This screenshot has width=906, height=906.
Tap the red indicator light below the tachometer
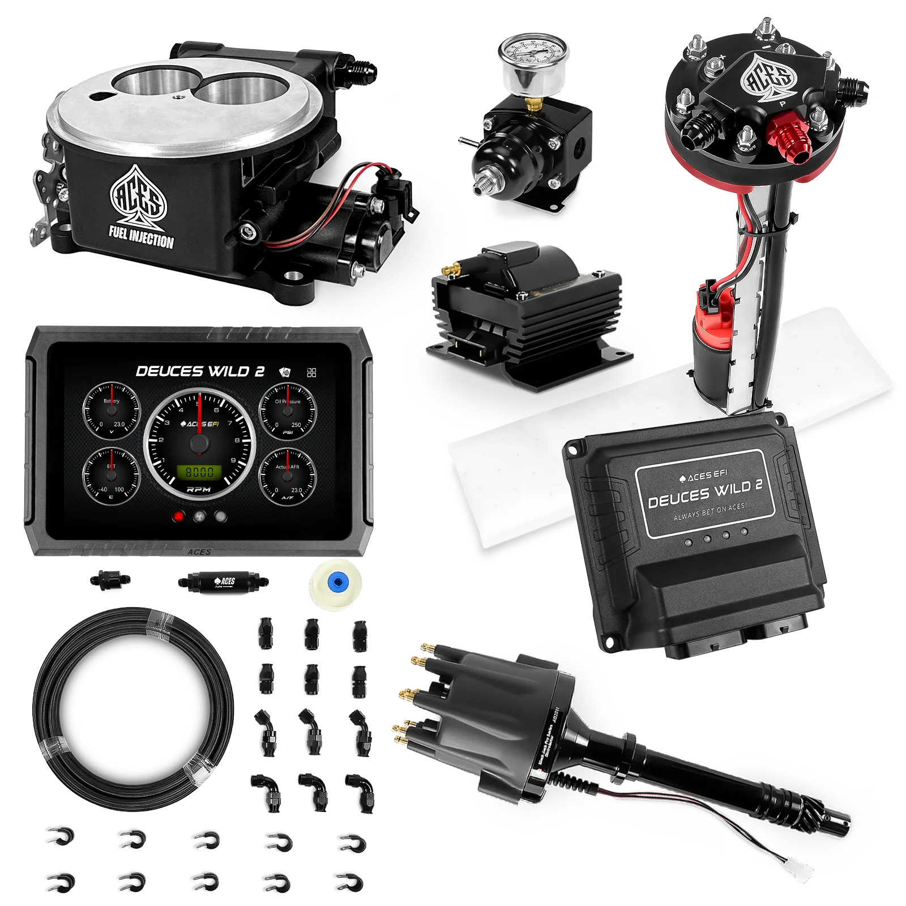(x=180, y=516)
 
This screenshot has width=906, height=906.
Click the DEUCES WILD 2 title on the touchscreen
(x=200, y=371)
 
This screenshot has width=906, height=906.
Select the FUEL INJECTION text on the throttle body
(x=141, y=236)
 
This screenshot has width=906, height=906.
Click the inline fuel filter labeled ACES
(x=224, y=582)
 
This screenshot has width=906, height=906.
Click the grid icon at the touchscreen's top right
(x=311, y=373)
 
